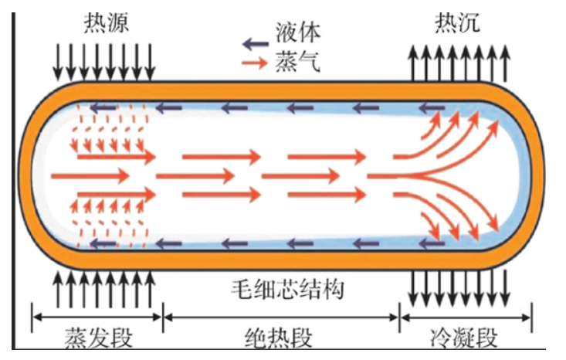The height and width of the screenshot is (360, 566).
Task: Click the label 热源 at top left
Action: tap(107, 22)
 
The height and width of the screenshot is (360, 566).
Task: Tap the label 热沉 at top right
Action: tap(457, 22)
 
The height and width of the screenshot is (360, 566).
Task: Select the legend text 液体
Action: tap(298, 32)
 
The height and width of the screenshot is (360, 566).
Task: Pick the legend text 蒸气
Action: tap(298, 61)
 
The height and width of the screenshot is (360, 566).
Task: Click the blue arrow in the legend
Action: tap(256, 44)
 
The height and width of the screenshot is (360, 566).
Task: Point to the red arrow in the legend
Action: tap(255, 63)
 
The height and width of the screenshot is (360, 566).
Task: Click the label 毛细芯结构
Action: tap(288, 289)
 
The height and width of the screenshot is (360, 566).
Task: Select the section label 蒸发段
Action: tap(99, 338)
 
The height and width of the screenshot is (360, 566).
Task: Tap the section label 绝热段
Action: tap(279, 338)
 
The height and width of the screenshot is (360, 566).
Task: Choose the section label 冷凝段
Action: tap(464, 338)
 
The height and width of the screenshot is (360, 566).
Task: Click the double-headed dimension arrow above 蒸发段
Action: tap(97, 318)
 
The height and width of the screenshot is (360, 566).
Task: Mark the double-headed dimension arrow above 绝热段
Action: tap(280, 318)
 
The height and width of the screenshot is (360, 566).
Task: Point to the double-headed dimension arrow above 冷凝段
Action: tap(466, 318)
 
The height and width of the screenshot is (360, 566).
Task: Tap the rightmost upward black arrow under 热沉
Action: tap(506, 63)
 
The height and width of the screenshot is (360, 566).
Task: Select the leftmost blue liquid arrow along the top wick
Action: tap(103, 107)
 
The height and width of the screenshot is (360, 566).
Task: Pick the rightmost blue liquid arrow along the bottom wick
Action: tap(432, 243)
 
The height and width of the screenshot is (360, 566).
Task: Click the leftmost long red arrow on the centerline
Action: tap(90, 176)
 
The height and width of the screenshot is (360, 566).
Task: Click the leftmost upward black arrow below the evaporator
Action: tap(58, 290)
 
